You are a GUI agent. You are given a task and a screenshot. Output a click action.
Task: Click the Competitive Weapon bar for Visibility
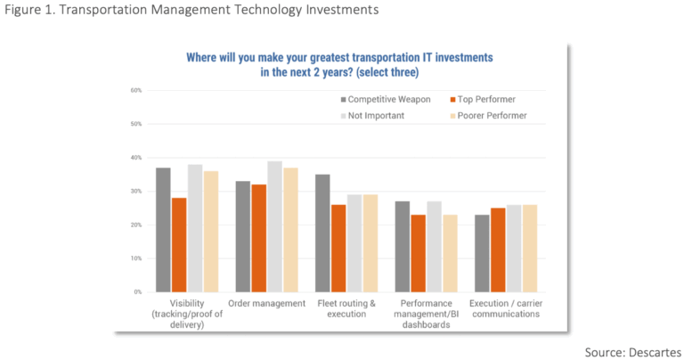point(163,230)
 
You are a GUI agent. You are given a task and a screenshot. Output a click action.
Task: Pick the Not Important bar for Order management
point(274,226)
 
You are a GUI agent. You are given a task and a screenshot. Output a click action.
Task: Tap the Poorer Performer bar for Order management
point(290,230)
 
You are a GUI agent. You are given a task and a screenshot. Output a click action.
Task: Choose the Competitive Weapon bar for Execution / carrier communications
point(482,253)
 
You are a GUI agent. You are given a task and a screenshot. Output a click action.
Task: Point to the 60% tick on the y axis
point(136,90)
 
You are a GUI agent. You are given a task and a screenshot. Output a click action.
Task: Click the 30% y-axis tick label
point(136,192)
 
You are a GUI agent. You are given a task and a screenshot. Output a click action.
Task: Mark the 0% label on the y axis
point(138,292)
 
